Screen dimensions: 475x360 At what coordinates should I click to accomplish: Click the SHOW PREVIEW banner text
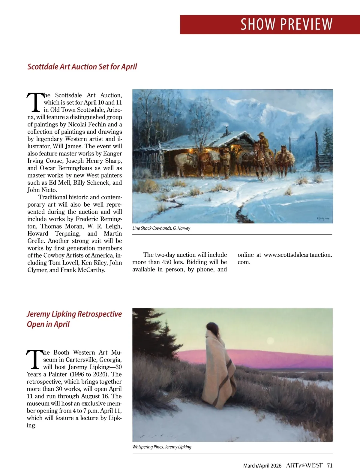click(x=286, y=24)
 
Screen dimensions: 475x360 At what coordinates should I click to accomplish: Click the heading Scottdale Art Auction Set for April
click(x=82, y=67)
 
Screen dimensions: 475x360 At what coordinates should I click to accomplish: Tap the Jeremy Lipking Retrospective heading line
click(x=74, y=314)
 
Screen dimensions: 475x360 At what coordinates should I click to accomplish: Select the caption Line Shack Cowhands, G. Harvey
click(x=161, y=228)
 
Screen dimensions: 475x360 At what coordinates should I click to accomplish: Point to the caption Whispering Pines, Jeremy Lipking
click(x=162, y=447)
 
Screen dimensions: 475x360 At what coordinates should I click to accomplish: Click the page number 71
click(x=330, y=465)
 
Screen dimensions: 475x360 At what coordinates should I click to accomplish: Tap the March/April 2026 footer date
click(x=262, y=466)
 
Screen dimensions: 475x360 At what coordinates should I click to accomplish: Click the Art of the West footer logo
click(x=304, y=465)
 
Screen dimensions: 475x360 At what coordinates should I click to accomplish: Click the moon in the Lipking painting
click(x=270, y=341)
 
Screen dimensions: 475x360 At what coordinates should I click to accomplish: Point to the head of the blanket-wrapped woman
click(x=213, y=328)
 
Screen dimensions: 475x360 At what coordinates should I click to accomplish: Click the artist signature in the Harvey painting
click(x=322, y=219)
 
